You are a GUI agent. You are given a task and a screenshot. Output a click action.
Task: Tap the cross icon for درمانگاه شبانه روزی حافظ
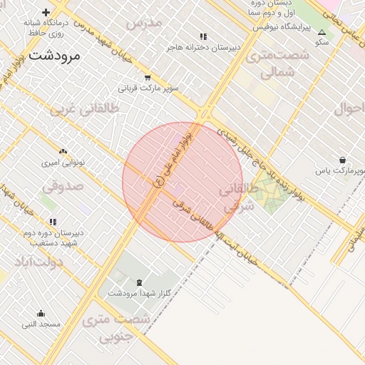pyautogui.click(x=46, y=12)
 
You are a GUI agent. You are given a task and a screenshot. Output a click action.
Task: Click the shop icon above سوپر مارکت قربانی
pyautogui.click(x=148, y=78)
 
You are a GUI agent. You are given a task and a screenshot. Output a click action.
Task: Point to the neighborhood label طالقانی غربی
pyautogui.click(x=85, y=110)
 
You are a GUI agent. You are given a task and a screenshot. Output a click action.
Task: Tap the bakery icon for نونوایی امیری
pyautogui.click(x=63, y=151)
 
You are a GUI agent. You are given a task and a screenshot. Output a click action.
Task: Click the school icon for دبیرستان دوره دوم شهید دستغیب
pyautogui.click(x=53, y=222)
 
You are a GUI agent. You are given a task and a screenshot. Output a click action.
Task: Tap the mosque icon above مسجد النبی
pyautogui.click(x=41, y=313)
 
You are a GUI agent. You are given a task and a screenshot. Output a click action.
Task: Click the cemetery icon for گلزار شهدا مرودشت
pyautogui.click(x=138, y=282)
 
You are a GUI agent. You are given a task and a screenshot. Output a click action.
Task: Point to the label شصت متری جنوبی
pyautogui.click(x=115, y=328)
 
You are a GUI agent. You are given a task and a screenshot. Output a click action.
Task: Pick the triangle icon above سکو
pyautogui.click(x=322, y=32)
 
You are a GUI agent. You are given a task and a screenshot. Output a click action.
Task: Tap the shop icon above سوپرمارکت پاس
pyautogui.click(x=343, y=160)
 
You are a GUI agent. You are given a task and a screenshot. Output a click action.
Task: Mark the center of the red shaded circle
pyautogui.click(x=182, y=182)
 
